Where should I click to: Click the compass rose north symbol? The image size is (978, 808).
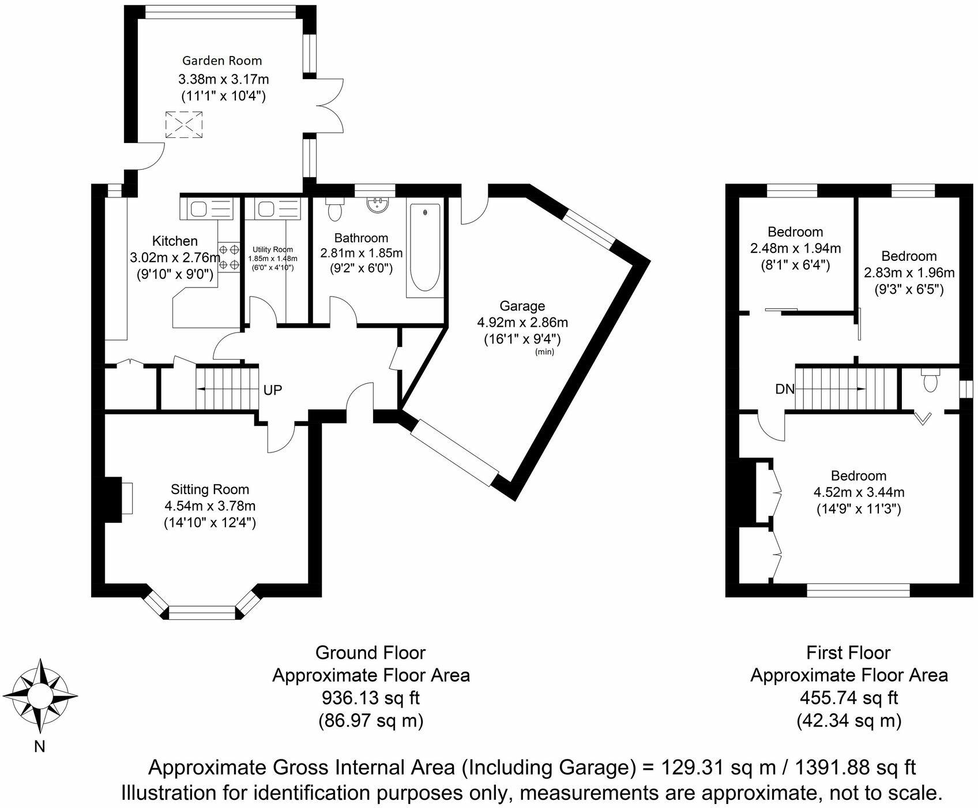[x=40, y=694]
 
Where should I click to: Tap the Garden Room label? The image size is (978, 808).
[x=222, y=61]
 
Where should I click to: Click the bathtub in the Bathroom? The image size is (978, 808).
[x=425, y=248]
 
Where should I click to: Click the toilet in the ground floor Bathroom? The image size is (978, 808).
[x=334, y=210]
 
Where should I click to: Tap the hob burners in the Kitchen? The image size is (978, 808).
[x=229, y=257]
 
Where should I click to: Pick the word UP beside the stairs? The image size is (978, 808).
[x=272, y=390]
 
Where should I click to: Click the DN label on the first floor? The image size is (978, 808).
[x=785, y=389]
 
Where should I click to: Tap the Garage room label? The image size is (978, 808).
[x=522, y=306]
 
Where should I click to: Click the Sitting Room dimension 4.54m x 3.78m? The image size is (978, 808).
[x=210, y=506]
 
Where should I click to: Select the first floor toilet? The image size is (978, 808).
[x=930, y=380]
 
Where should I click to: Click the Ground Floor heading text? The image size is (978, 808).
[x=370, y=653]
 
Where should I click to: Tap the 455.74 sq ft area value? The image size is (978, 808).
[x=848, y=698]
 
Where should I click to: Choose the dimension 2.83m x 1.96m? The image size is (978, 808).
[x=909, y=272]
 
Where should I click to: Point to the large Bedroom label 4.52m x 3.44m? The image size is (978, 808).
[x=859, y=492]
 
